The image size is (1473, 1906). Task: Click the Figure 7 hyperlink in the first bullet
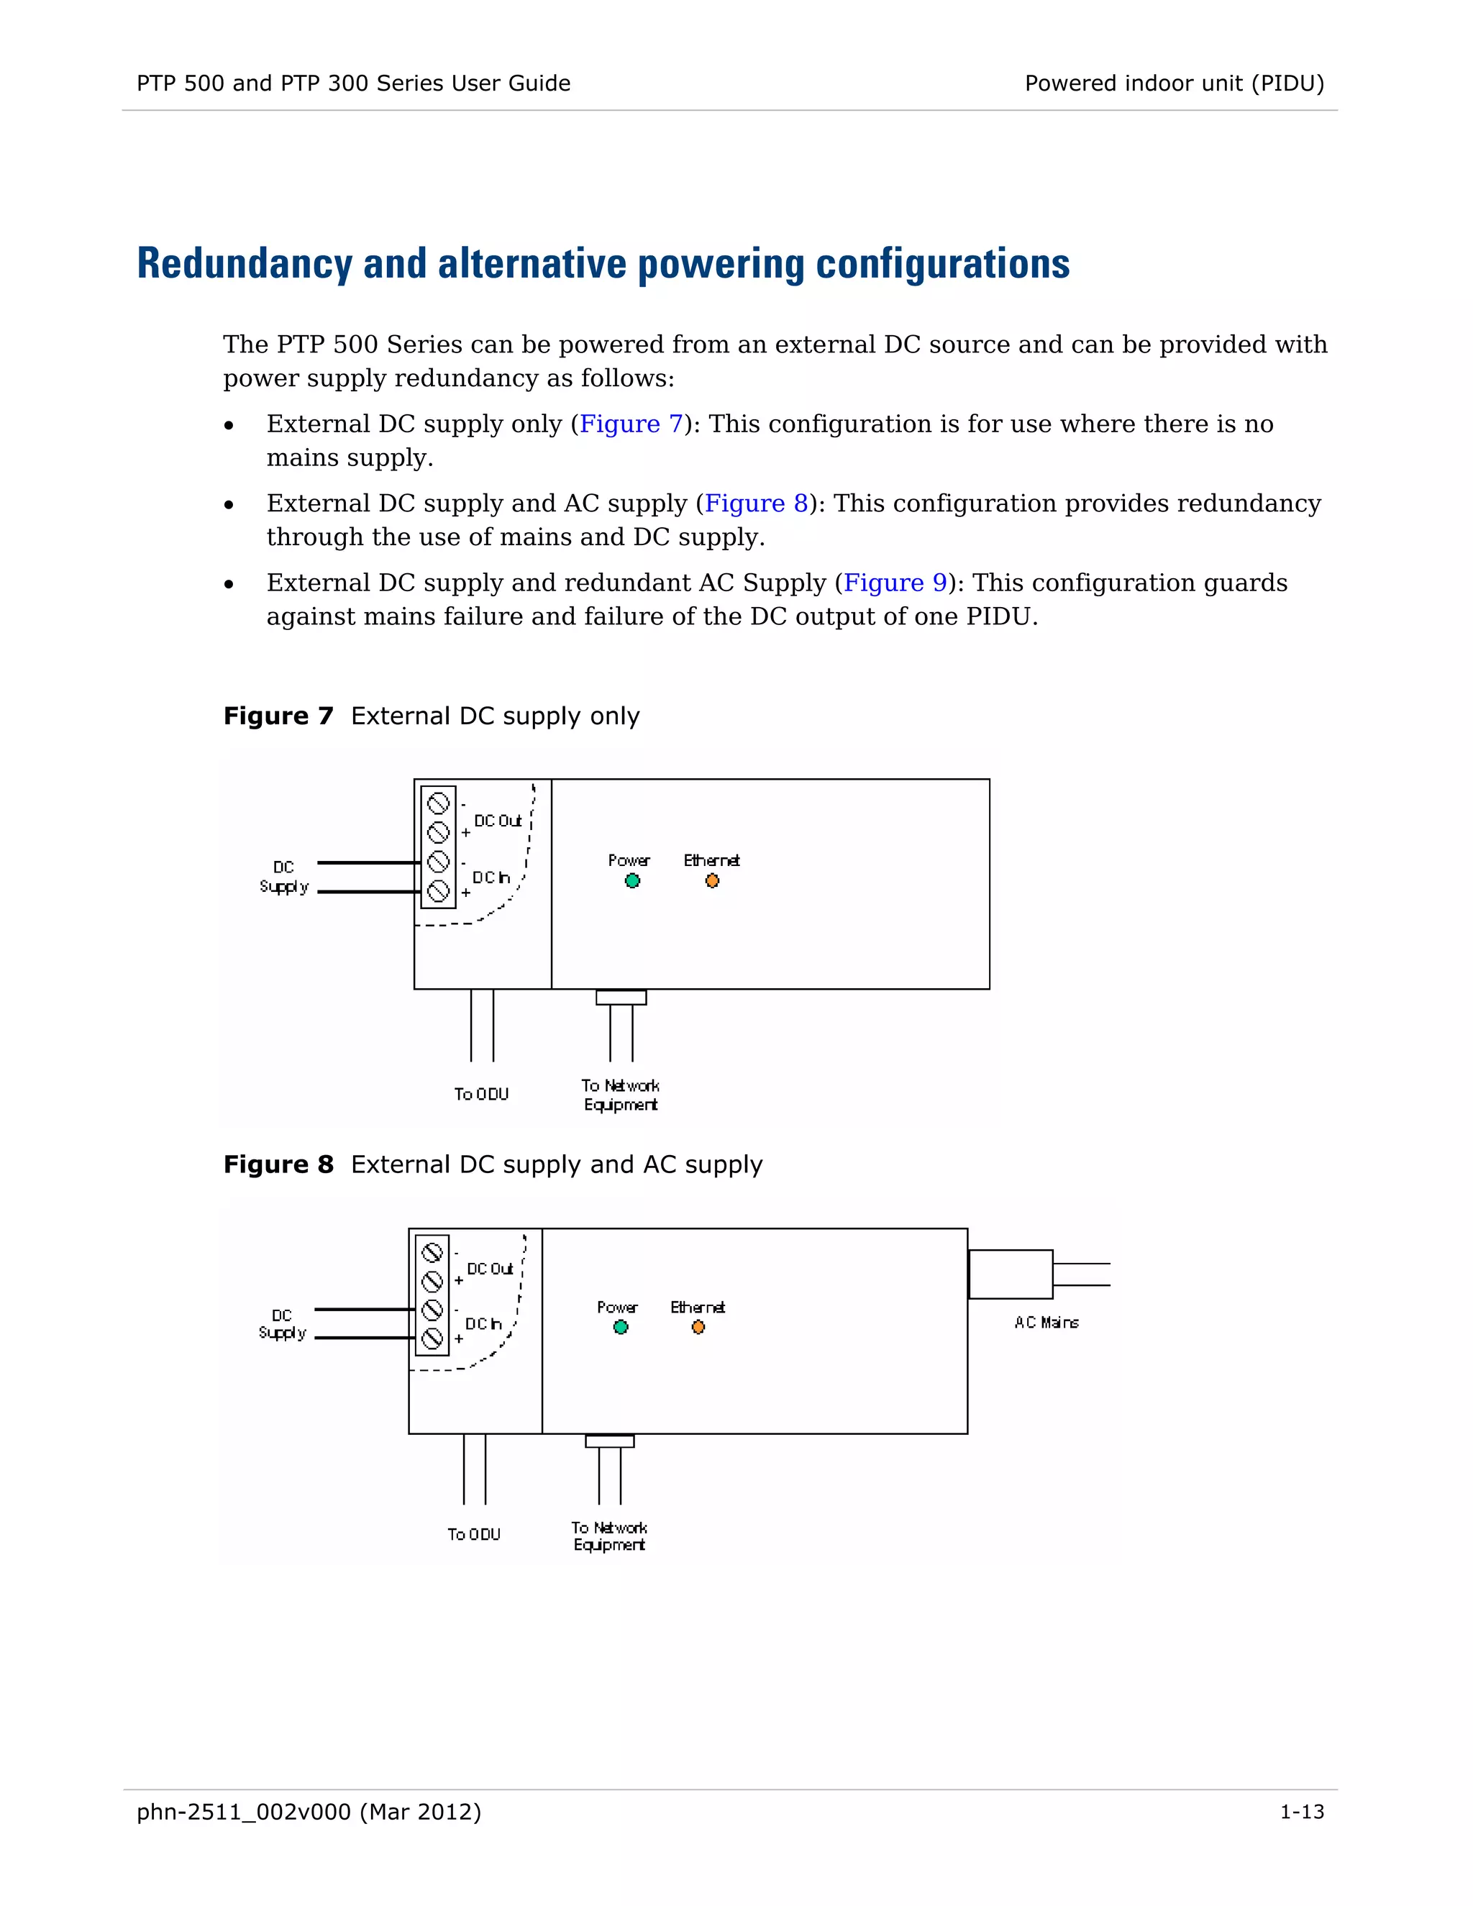[x=630, y=424]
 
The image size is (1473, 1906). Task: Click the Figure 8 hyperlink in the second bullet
[x=756, y=503]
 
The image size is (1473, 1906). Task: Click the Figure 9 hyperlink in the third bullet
[x=895, y=583]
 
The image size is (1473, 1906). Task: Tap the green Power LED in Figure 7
[x=633, y=880]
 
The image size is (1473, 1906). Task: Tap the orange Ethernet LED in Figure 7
[x=712, y=880]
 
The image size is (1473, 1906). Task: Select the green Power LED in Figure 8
[x=621, y=1328]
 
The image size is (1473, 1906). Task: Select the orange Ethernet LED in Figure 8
[x=698, y=1328]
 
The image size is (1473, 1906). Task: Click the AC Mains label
[x=1046, y=1323]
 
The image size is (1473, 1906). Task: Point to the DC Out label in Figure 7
[x=498, y=821]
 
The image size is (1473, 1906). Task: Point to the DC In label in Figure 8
[x=483, y=1324]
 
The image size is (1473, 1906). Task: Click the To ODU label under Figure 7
[x=481, y=1095]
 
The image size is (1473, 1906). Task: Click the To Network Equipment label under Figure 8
[x=609, y=1536]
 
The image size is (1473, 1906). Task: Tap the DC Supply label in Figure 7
[x=283, y=877]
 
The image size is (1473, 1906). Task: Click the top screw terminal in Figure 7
[x=438, y=802]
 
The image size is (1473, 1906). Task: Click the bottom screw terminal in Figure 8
[x=432, y=1339]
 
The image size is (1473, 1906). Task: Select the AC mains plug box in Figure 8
[x=1011, y=1275]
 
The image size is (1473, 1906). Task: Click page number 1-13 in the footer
[x=1301, y=1812]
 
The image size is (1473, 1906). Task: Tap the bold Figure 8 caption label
[x=278, y=1165]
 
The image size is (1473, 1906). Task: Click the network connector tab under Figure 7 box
[x=621, y=998]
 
